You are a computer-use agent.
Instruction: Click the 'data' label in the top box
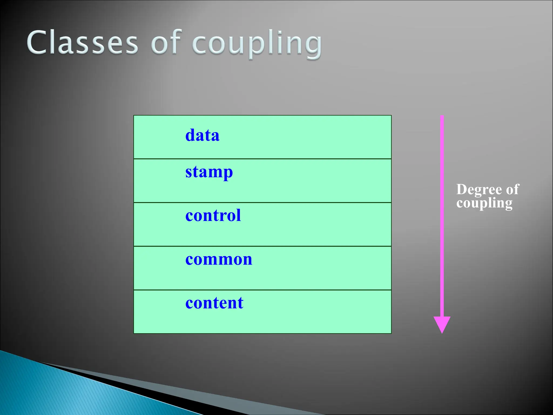202,135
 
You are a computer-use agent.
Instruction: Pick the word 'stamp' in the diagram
209,172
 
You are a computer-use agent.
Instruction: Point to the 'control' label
213,215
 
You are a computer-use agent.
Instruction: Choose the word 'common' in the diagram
219,259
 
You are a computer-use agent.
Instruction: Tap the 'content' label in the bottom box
214,303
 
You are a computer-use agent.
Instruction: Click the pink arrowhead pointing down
442,324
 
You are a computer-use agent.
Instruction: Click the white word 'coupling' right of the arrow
484,203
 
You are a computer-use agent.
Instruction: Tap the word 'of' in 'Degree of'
512,189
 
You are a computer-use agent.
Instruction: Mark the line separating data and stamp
262,159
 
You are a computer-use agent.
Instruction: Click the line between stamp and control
262,202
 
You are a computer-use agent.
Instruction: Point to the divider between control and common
262,246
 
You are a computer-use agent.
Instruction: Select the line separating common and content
262,290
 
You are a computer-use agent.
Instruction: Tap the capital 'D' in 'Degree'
462,189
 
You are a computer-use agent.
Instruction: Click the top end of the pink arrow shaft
442,117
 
